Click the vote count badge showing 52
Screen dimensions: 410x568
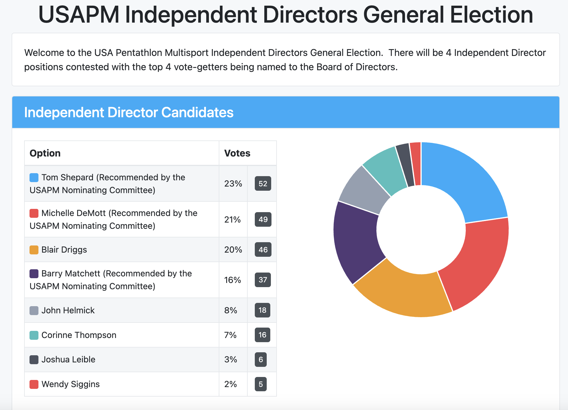(x=263, y=184)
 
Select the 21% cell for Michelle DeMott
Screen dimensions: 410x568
(x=232, y=220)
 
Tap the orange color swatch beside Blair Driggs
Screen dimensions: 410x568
(x=34, y=250)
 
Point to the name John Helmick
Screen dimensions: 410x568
(x=68, y=310)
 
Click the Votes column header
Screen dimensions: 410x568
(x=237, y=153)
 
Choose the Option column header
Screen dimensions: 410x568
(x=45, y=153)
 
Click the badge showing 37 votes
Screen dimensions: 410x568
(x=263, y=280)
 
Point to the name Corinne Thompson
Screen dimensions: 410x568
(x=79, y=335)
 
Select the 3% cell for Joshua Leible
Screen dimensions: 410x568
(x=231, y=359)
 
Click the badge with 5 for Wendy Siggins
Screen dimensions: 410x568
(x=261, y=384)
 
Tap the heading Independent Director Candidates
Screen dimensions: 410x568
(x=129, y=112)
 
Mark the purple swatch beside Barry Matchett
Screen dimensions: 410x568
(x=34, y=274)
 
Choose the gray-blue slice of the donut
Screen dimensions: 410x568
(x=362, y=190)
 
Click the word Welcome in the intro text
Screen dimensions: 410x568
(x=44, y=53)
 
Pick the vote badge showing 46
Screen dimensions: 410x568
(x=263, y=250)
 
